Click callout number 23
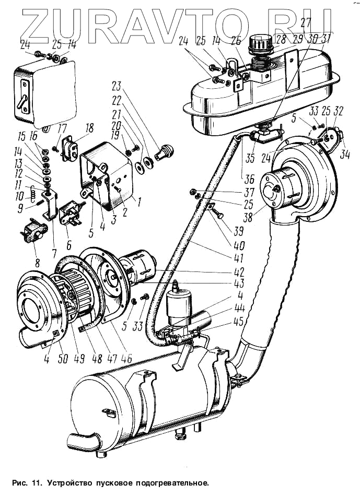coord(115,86)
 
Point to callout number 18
coord(89,128)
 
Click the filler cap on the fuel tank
coord(259,42)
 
